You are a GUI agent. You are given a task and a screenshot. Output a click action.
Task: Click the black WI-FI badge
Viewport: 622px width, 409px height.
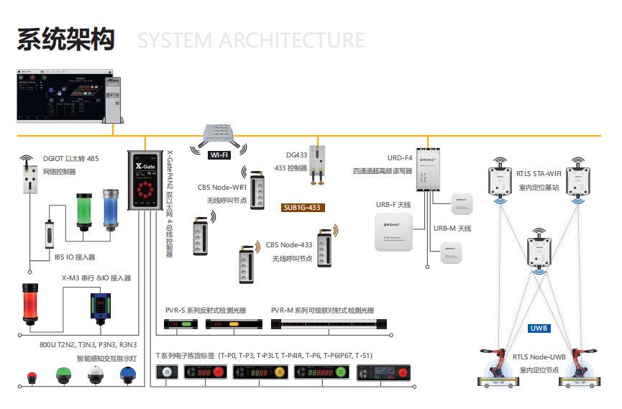pyautogui.click(x=219, y=155)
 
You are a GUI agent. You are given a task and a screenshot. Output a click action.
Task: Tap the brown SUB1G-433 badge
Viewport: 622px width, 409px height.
pyautogui.click(x=303, y=208)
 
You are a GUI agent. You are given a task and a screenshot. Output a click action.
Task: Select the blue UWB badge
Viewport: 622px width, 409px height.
pyautogui.click(x=539, y=328)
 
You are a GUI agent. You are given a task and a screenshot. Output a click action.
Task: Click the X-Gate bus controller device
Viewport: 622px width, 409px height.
pyautogui.click(x=145, y=180)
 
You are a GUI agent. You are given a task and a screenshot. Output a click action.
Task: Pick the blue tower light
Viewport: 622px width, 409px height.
pyautogui.click(x=110, y=208)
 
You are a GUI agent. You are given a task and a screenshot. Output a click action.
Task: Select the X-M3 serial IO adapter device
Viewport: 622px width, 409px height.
pyautogui.click(x=100, y=305)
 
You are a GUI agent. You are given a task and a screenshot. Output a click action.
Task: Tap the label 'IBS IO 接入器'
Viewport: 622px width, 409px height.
pyautogui.click(x=75, y=256)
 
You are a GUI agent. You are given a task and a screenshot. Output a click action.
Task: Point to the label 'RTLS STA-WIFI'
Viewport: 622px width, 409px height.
pyautogui.click(x=539, y=173)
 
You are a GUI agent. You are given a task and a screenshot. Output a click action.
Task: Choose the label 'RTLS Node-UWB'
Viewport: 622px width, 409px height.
pyautogui.click(x=539, y=357)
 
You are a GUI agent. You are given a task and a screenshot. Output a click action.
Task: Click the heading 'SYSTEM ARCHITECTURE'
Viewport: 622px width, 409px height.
pyautogui.click(x=251, y=40)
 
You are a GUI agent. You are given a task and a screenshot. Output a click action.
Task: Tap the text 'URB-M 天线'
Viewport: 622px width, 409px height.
pyautogui.click(x=452, y=228)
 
